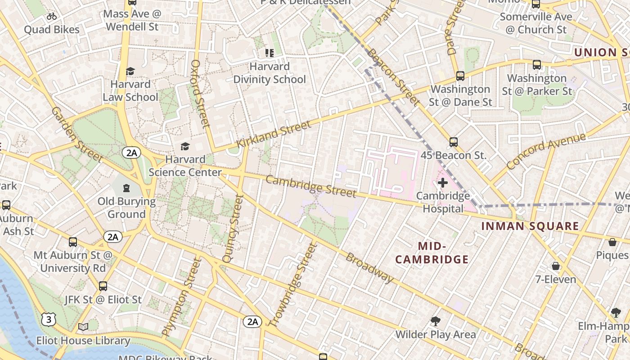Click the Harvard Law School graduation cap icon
click(x=130, y=71)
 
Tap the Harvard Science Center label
click(x=185, y=166)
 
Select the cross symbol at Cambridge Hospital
click(x=443, y=183)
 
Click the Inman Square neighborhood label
click(x=530, y=226)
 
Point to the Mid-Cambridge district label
click(x=432, y=252)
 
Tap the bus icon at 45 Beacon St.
click(x=454, y=142)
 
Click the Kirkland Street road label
click(x=274, y=134)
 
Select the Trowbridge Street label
click(x=293, y=284)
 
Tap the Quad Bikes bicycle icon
click(x=52, y=17)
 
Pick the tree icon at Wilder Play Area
click(x=435, y=321)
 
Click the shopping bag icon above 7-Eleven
click(x=556, y=266)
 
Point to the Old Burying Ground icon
click(x=126, y=188)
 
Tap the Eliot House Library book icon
click(x=83, y=327)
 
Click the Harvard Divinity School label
click(x=269, y=73)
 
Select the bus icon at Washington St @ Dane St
click(x=460, y=76)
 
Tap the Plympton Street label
click(x=180, y=297)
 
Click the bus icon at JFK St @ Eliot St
click(x=103, y=286)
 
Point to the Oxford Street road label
click(x=201, y=94)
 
